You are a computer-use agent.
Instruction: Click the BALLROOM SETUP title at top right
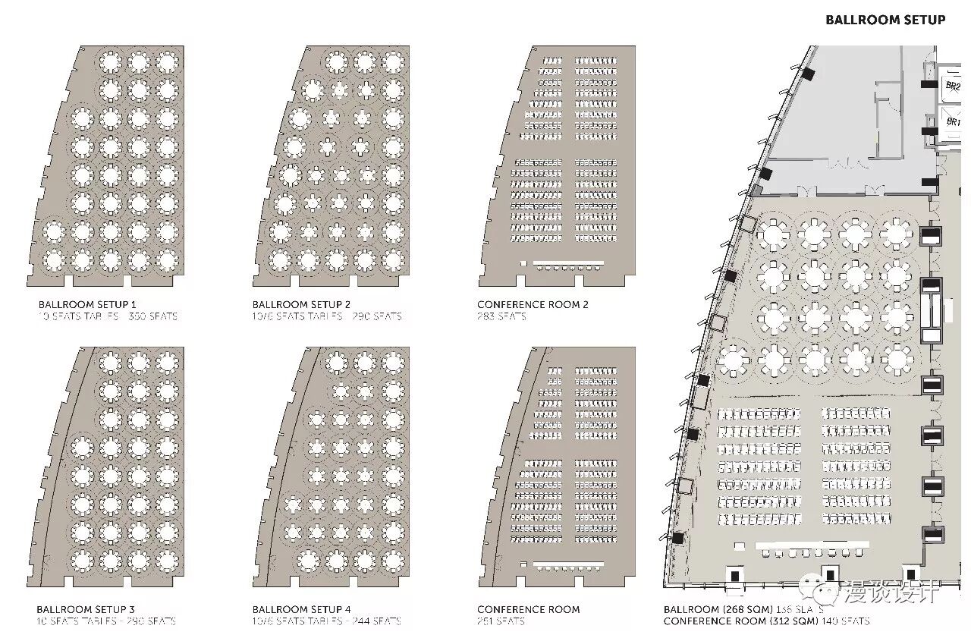(885, 20)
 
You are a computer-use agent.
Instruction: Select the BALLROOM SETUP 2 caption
(301, 304)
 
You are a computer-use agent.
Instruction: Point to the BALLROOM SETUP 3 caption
(86, 609)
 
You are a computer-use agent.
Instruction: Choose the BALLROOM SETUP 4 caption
(301, 609)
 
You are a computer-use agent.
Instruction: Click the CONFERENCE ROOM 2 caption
(533, 304)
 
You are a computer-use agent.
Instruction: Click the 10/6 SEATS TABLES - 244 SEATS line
(326, 621)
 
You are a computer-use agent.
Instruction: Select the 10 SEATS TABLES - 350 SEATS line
(108, 316)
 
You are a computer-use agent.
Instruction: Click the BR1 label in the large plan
(952, 121)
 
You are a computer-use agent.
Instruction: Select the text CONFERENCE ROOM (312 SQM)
(740, 621)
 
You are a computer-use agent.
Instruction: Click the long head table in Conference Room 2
(568, 263)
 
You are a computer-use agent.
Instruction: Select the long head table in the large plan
(812, 545)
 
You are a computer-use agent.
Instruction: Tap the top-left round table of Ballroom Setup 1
(111, 61)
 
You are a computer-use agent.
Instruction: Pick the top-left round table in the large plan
(773, 234)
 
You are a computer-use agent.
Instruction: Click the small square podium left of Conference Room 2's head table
(523, 263)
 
